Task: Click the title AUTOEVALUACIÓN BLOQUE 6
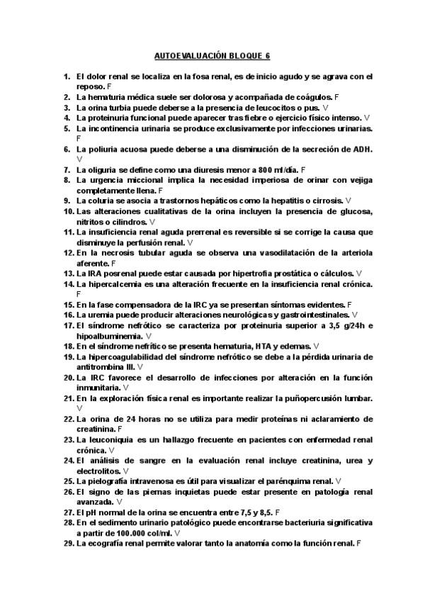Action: (x=212, y=55)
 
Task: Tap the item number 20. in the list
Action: (x=69, y=378)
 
